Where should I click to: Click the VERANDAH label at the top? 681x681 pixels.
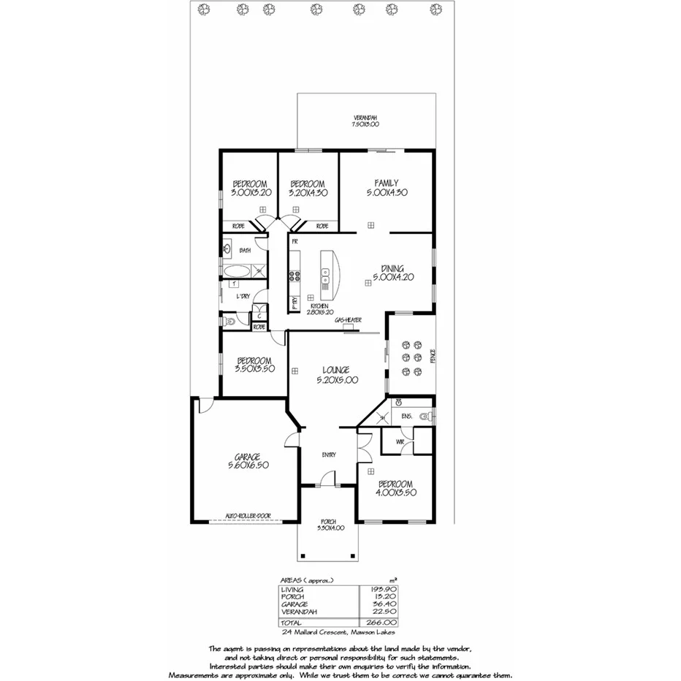click(x=365, y=118)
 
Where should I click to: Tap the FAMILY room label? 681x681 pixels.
click(x=386, y=183)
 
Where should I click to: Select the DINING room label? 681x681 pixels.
click(x=392, y=268)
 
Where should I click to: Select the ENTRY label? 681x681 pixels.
click(x=329, y=454)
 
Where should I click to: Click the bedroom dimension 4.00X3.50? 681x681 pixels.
click(x=395, y=494)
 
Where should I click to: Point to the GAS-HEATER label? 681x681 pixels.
click(x=347, y=320)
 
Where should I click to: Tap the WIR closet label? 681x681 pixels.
click(x=400, y=441)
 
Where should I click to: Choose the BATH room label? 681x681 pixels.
click(x=244, y=249)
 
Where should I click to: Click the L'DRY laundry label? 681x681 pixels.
click(x=243, y=296)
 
